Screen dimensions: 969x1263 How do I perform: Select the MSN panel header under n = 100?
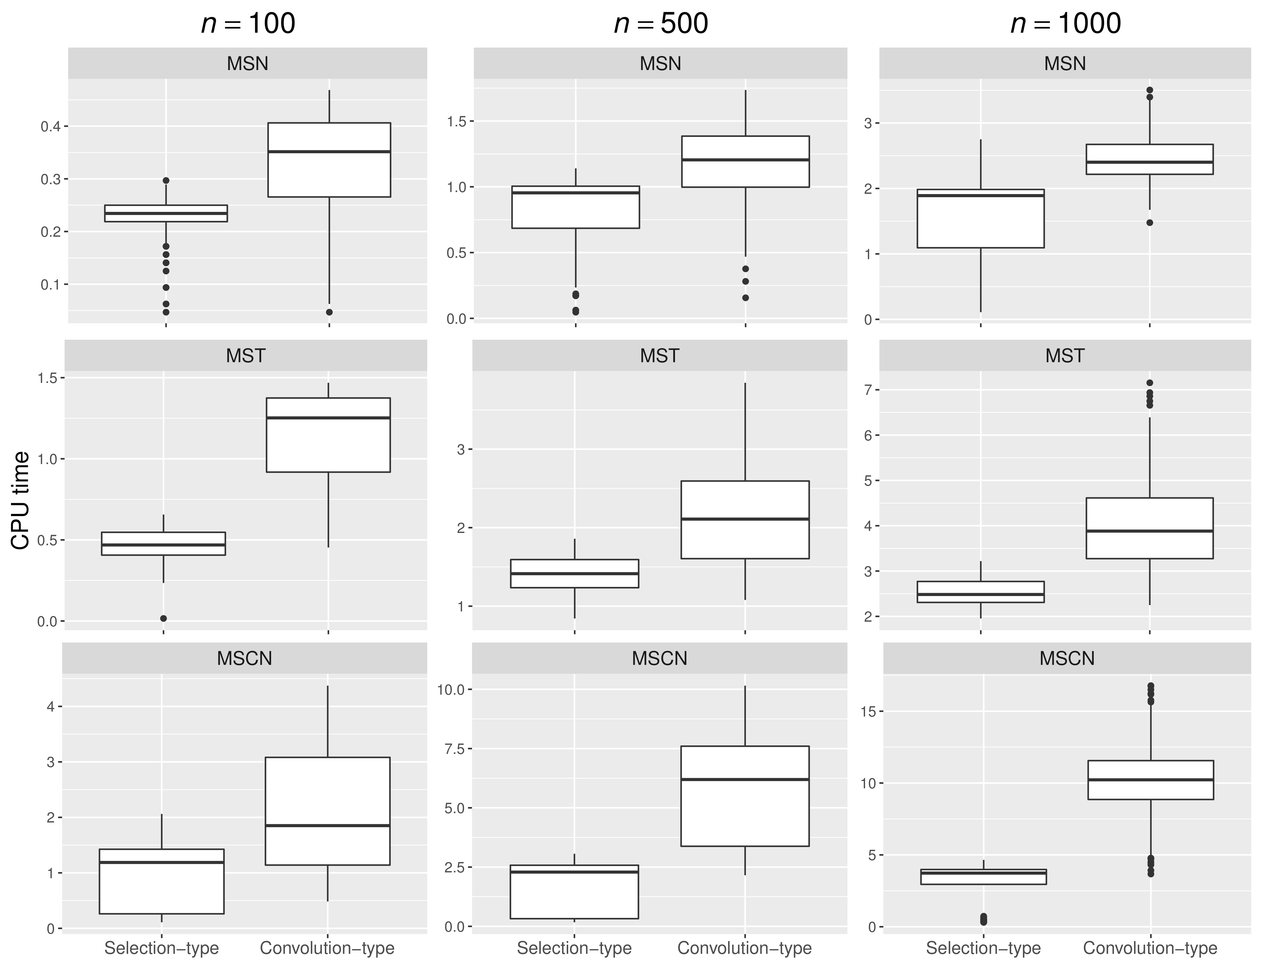[x=247, y=63]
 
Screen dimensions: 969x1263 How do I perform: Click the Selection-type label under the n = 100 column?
[x=161, y=948]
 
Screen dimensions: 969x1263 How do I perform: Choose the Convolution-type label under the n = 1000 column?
[x=1150, y=948]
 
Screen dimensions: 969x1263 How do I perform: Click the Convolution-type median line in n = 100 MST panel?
[x=328, y=418]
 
